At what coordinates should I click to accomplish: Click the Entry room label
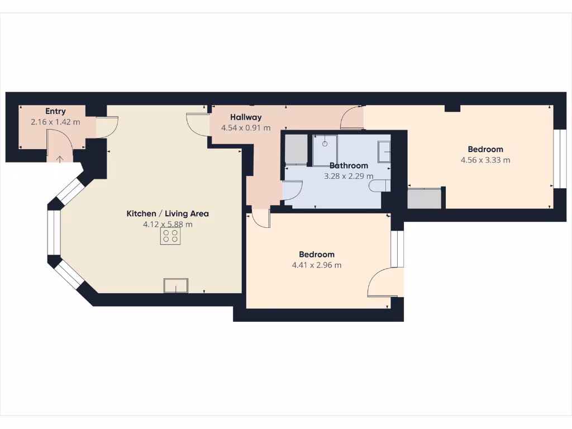pyautogui.click(x=56, y=112)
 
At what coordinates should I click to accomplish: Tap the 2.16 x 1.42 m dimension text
pyautogui.click(x=56, y=122)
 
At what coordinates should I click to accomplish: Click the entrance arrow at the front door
pyautogui.click(x=60, y=159)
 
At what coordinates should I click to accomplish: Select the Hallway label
pyautogui.click(x=246, y=117)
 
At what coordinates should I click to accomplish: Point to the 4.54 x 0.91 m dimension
pyautogui.click(x=246, y=128)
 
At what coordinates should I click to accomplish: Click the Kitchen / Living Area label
pyautogui.click(x=168, y=213)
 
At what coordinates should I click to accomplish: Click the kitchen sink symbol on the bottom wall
pyautogui.click(x=175, y=285)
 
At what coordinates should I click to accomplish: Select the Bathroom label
pyautogui.click(x=349, y=165)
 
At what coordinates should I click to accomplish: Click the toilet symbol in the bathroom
pyautogui.click(x=379, y=185)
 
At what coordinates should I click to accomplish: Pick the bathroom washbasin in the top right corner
pyautogui.click(x=384, y=151)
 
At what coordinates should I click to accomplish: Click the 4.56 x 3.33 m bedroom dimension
pyautogui.click(x=485, y=160)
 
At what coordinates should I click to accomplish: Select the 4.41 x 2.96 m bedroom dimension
pyautogui.click(x=316, y=265)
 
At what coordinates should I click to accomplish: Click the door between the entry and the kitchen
pyautogui.click(x=107, y=126)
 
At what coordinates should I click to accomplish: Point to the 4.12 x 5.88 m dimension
pyautogui.click(x=168, y=224)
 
